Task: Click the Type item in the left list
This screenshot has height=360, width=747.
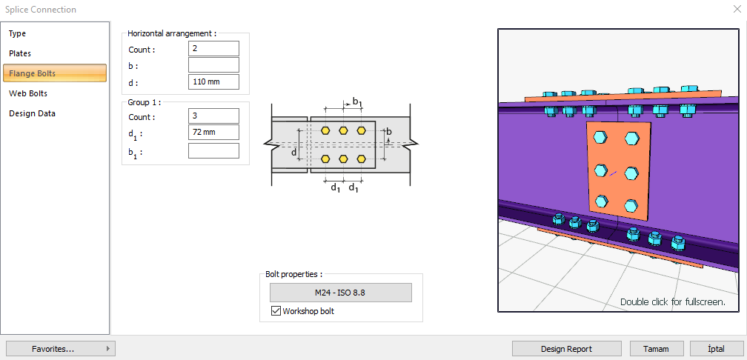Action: [18, 33]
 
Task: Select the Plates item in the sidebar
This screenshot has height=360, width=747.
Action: [20, 53]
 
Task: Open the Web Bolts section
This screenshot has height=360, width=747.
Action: [28, 93]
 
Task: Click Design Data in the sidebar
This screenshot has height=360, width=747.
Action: [32, 113]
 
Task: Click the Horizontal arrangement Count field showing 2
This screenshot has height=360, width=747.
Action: [213, 49]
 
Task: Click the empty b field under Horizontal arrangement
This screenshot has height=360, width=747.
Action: [213, 65]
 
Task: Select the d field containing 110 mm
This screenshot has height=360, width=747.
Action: [213, 81]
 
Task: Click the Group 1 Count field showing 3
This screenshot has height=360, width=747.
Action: [213, 116]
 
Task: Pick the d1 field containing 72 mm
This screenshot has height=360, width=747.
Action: [213, 133]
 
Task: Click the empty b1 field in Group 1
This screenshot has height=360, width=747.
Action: [213, 151]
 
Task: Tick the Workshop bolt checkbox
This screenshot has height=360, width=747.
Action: [276, 311]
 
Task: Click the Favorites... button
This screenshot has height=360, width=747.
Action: [59, 348]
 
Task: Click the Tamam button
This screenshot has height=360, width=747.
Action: [656, 349]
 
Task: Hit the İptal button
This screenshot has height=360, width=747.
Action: [717, 349]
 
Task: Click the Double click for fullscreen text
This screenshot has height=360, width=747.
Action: [672, 301]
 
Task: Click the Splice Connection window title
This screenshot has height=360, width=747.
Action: [41, 10]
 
